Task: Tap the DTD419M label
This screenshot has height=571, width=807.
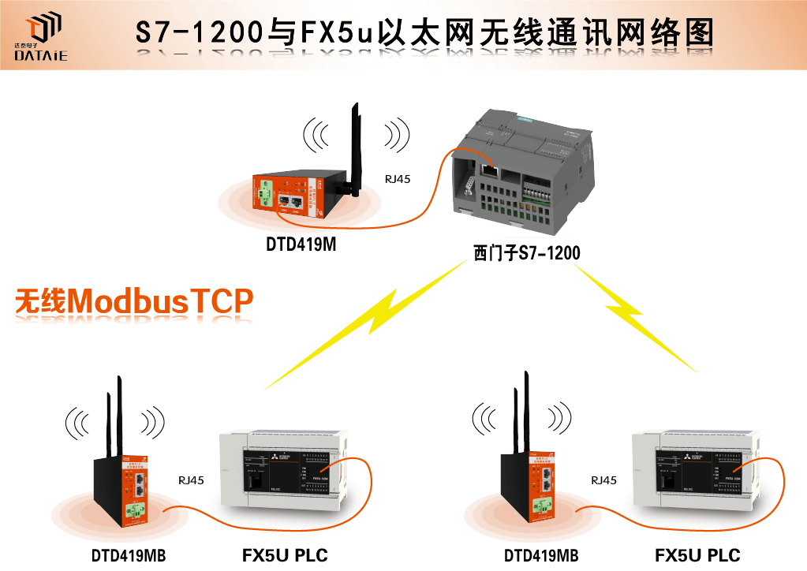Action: (x=301, y=245)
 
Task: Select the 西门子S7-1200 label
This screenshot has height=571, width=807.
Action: (x=526, y=254)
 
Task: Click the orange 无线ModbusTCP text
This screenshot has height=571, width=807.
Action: (x=134, y=302)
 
